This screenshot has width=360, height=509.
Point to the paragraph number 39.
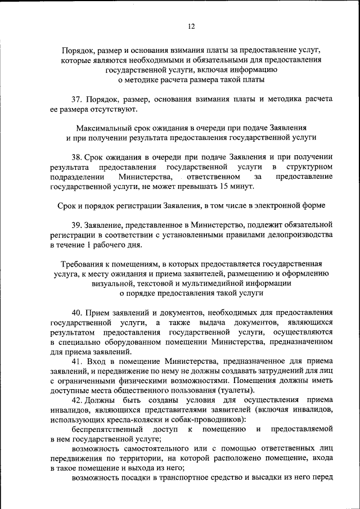78,224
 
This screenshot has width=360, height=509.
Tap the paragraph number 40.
78,312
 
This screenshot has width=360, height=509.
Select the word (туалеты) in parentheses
235,390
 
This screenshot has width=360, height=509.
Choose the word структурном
309,167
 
